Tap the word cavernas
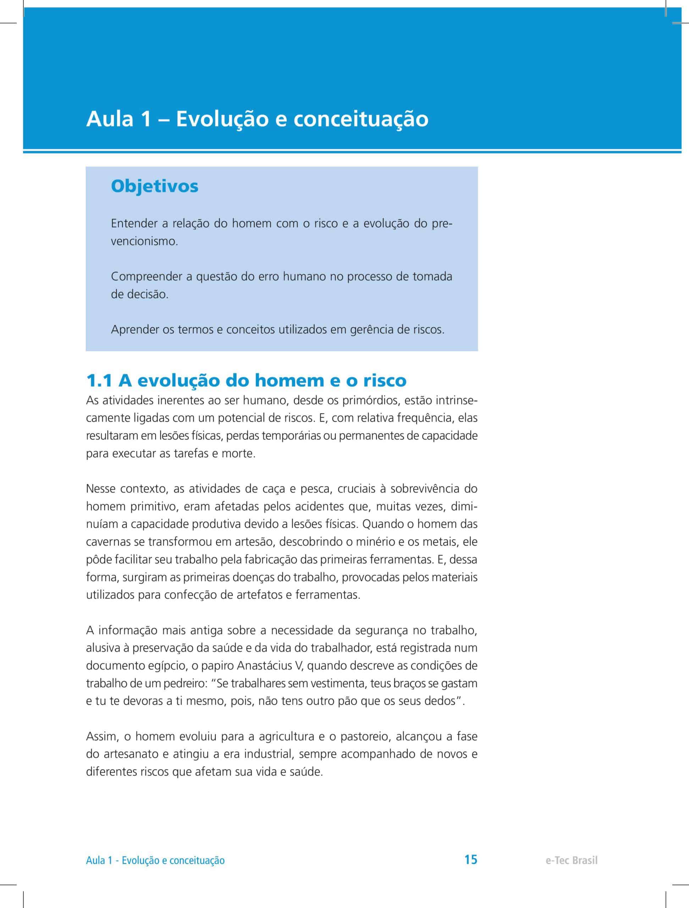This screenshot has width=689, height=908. [x=108, y=542]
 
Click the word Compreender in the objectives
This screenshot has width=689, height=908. [x=147, y=277]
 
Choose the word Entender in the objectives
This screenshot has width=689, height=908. [x=134, y=224]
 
